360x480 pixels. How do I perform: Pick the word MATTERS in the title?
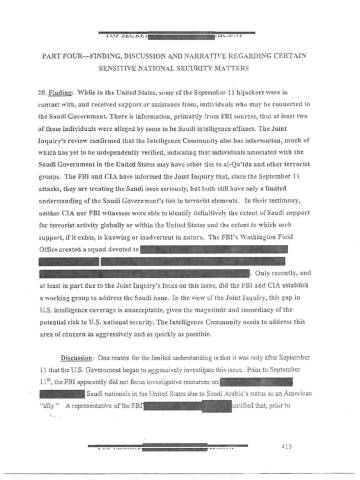click(241, 73)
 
